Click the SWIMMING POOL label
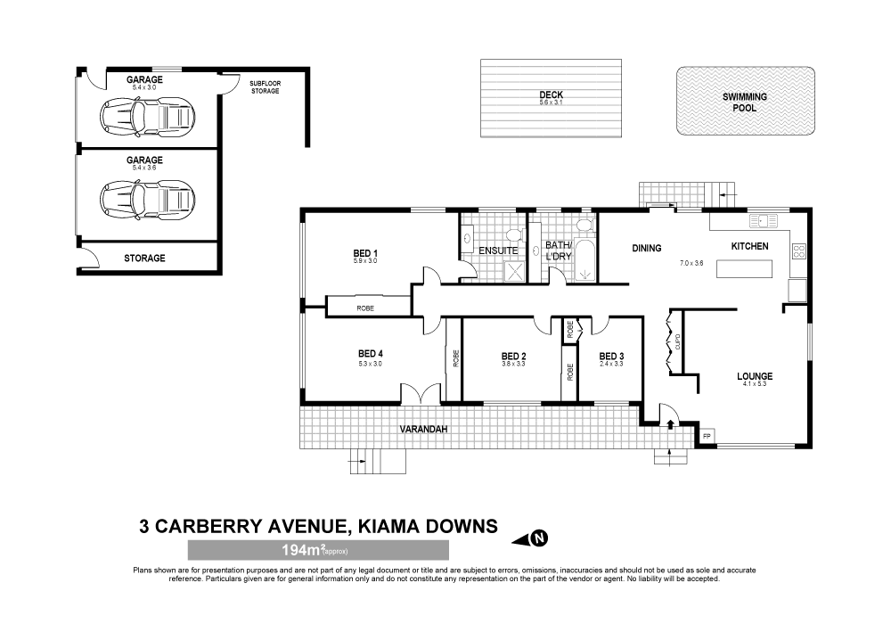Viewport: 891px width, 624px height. click(744, 103)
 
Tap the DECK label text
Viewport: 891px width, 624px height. click(551, 94)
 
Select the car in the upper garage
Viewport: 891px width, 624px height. click(147, 117)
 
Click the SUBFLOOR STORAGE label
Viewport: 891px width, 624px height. click(265, 87)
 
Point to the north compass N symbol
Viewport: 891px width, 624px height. click(539, 538)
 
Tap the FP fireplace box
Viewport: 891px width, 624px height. click(707, 436)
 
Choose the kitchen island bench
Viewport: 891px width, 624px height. click(744, 268)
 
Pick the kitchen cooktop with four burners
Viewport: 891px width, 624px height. click(798, 251)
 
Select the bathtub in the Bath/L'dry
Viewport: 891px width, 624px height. click(584, 259)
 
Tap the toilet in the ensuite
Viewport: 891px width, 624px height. click(515, 234)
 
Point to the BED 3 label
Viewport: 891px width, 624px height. click(611, 357)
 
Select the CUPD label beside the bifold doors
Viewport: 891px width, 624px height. click(677, 342)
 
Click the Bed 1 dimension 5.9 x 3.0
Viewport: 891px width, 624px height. click(365, 261)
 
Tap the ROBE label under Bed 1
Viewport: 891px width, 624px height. click(365, 308)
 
